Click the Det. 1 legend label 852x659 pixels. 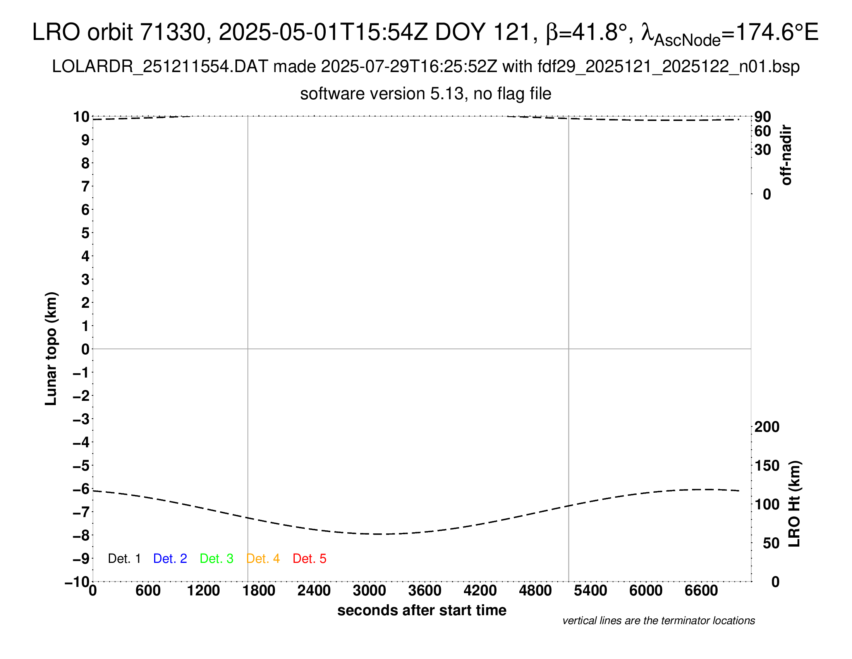124,559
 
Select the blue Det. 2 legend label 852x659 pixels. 170,559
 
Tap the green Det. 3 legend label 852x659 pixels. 216,559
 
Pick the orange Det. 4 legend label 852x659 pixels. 263,559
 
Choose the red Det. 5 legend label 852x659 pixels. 309,559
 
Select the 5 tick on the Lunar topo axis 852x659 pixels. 86,233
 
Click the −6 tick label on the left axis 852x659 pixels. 82,489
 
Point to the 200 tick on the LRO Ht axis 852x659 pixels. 767,427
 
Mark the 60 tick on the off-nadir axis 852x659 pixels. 763,131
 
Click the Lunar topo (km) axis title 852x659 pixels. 51,348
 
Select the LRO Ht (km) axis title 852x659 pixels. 794,504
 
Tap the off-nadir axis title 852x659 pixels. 787,155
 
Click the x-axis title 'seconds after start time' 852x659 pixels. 422,610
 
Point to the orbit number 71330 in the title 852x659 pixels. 172,32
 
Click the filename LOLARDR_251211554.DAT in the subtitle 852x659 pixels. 160,67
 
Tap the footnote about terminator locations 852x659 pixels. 658,621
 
